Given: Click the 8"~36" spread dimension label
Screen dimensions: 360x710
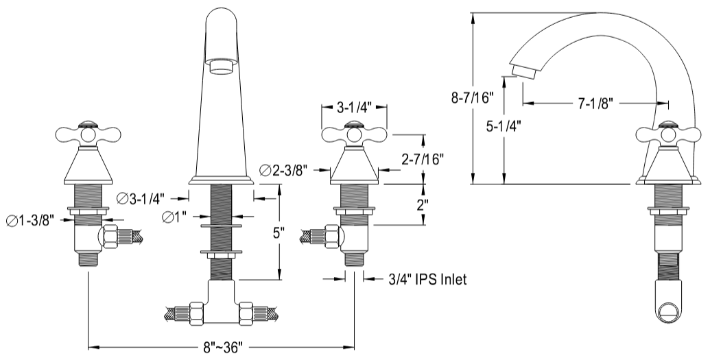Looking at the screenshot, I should (x=221, y=348).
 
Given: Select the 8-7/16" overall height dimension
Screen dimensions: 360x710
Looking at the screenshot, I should (x=473, y=99).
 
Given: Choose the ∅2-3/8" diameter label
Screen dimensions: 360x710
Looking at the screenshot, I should (x=283, y=169).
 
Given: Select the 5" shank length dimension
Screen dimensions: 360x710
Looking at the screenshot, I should (x=278, y=233).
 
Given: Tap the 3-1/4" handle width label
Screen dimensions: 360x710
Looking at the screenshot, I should (x=355, y=107).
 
